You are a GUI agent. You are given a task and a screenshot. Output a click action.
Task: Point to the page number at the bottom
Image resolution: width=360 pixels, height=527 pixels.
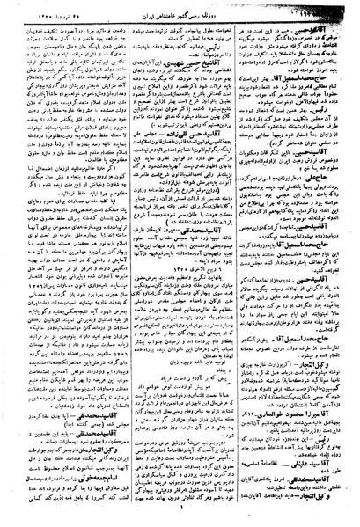[x=180, y=520]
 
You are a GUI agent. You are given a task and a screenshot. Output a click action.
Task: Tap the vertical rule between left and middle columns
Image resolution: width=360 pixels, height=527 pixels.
[x=120, y=264]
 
